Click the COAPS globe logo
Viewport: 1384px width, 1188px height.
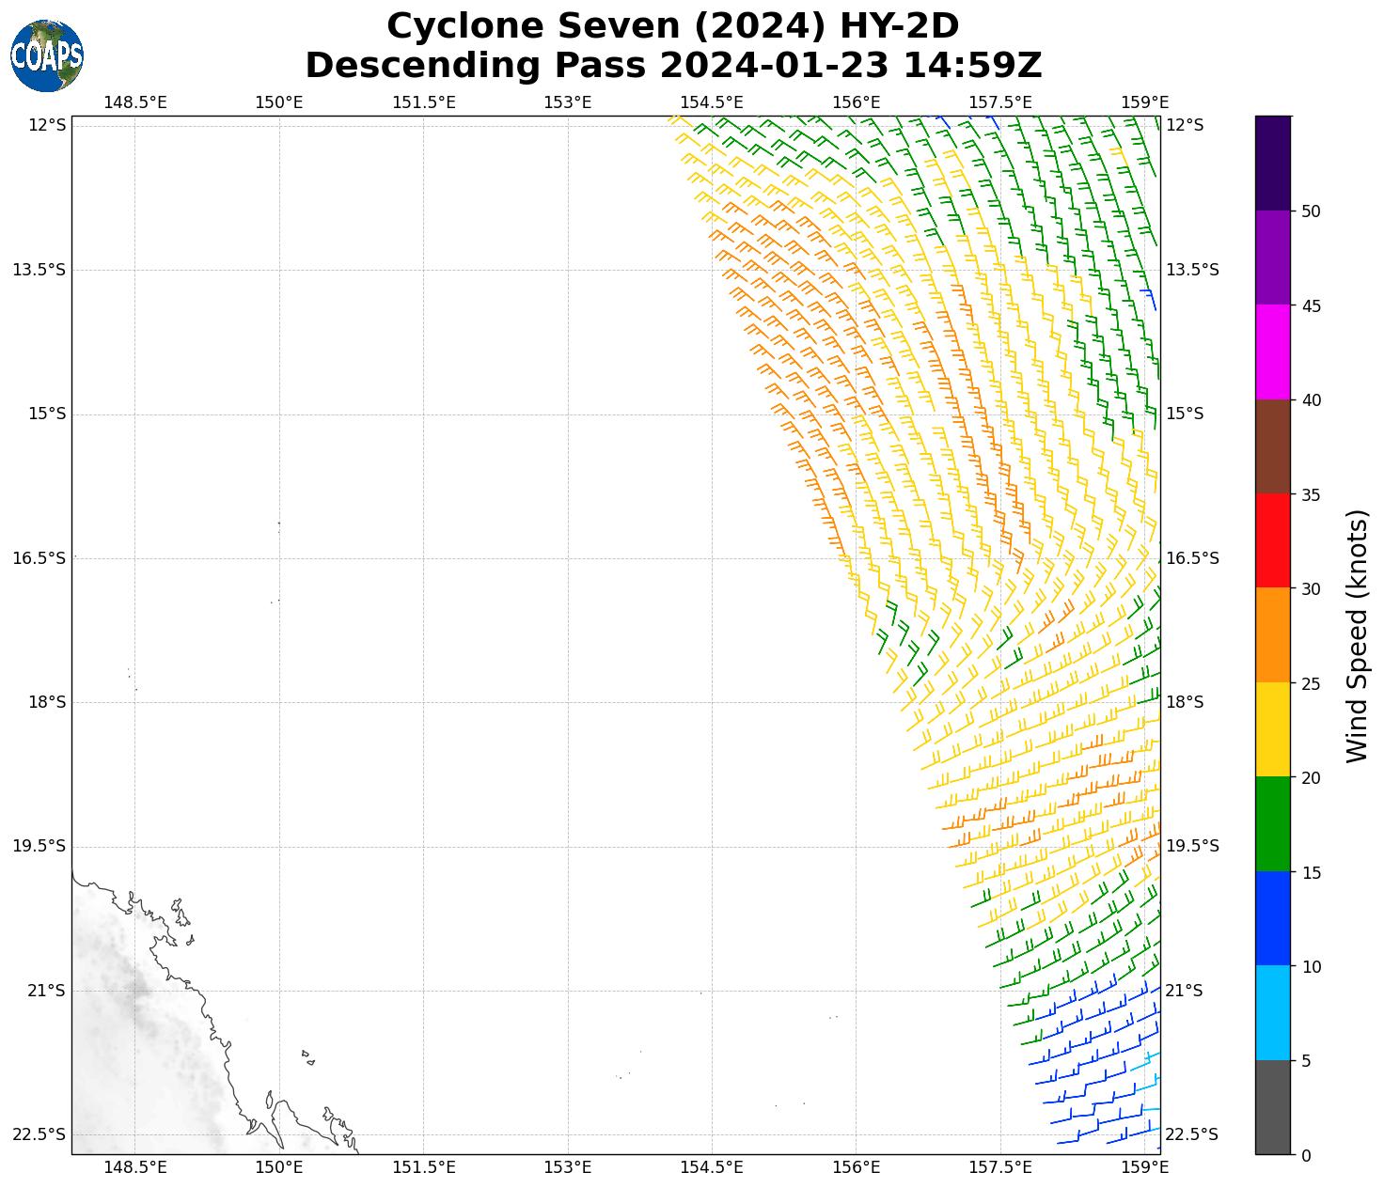pyautogui.click(x=47, y=55)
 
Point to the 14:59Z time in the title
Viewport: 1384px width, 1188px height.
pyautogui.click(x=972, y=66)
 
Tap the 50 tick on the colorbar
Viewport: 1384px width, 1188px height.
pyautogui.click(x=1311, y=211)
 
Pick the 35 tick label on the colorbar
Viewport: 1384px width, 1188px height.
pyautogui.click(x=1311, y=494)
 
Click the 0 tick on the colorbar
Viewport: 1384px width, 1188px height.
pyautogui.click(x=1306, y=1155)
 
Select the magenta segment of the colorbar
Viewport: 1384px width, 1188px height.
pyautogui.click(x=1273, y=352)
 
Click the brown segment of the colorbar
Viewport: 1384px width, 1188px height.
pyautogui.click(x=1273, y=446)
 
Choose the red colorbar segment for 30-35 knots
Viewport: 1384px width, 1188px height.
pyautogui.click(x=1273, y=540)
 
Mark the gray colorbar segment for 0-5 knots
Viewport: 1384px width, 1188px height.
pyautogui.click(x=1273, y=1107)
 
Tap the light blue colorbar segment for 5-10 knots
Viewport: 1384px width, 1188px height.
pyautogui.click(x=1273, y=1012)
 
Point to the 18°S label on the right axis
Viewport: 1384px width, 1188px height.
pyautogui.click(x=1185, y=702)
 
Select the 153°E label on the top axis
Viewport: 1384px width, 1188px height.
pyautogui.click(x=568, y=102)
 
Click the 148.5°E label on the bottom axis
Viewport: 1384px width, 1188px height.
pyautogui.click(x=135, y=1167)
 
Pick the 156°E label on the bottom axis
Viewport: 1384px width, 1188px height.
pyautogui.click(x=857, y=1167)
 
